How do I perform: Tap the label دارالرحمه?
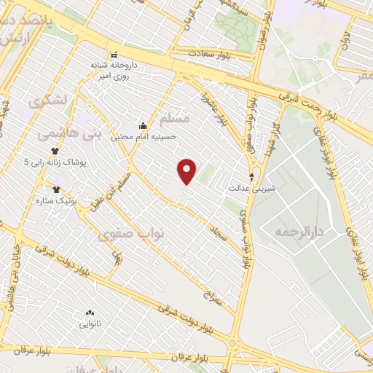tap(298, 231)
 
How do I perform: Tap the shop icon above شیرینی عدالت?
tap(252, 177)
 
